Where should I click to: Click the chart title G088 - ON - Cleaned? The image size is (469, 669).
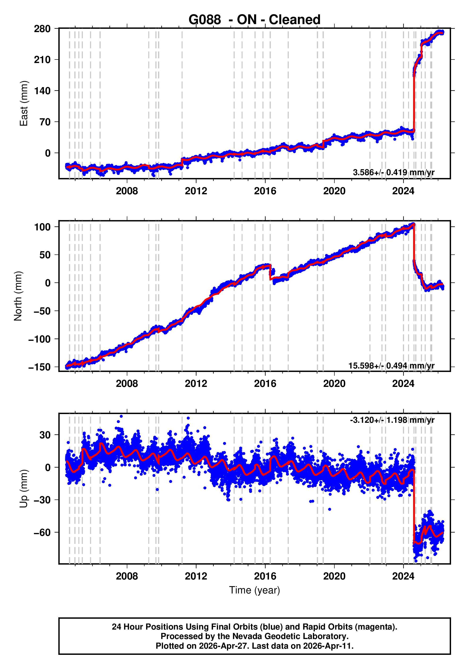(255, 20)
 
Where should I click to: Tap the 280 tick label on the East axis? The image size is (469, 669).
(42, 29)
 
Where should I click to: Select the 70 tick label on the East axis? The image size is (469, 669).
(45, 122)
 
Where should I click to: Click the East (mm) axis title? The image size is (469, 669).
(24, 103)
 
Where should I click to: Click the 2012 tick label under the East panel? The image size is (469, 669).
(196, 191)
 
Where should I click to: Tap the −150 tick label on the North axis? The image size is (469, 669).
(39, 367)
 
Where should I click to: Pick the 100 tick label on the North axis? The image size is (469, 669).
(42, 227)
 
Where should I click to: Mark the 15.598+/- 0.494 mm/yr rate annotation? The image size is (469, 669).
(392, 366)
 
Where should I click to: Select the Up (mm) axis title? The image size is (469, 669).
(24, 489)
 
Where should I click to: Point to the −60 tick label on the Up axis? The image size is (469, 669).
(42, 533)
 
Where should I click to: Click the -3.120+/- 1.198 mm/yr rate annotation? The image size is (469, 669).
(392, 420)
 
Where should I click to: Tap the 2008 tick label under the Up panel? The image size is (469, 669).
(127, 576)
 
